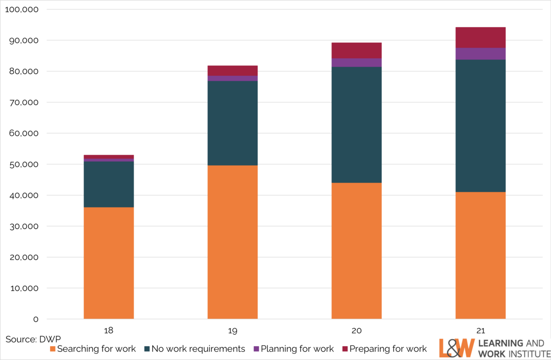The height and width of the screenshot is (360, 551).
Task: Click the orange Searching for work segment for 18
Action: tap(108, 263)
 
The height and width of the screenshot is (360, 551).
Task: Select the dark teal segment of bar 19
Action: tap(232, 123)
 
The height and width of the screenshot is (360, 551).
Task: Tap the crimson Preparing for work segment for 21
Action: tap(480, 37)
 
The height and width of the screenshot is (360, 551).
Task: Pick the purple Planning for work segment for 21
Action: tap(480, 54)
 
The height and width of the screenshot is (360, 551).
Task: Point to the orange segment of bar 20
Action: tap(356, 251)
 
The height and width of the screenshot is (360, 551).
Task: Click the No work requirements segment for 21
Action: tap(480, 126)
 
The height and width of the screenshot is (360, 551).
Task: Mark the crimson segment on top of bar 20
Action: tap(356, 51)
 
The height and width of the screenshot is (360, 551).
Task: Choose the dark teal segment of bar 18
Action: tap(108, 184)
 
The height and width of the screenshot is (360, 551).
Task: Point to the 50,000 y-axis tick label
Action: tap(23, 164)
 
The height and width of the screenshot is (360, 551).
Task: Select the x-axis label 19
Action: tap(232, 331)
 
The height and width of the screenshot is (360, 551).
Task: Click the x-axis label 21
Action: tap(480, 331)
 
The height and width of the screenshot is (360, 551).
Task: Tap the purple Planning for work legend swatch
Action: tap(256, 349)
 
